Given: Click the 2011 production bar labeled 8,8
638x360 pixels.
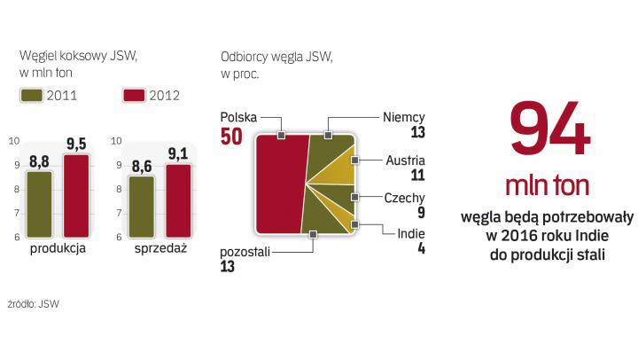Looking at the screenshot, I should [39, 204].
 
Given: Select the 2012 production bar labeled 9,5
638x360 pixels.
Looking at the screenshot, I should [75, 195].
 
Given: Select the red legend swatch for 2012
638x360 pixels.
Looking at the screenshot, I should [134, 95].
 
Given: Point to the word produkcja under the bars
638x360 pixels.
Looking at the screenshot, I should [58, 249].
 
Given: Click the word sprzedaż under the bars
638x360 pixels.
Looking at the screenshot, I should [160, 249].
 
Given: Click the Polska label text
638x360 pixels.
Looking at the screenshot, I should [238, 116].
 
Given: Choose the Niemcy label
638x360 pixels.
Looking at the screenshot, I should [404, 116].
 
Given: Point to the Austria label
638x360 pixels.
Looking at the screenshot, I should [406, 160].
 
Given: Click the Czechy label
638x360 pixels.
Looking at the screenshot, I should [405, 198].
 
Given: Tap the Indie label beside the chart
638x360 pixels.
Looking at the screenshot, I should [410, 233].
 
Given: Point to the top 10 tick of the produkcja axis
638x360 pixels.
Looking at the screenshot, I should [13, 140].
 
